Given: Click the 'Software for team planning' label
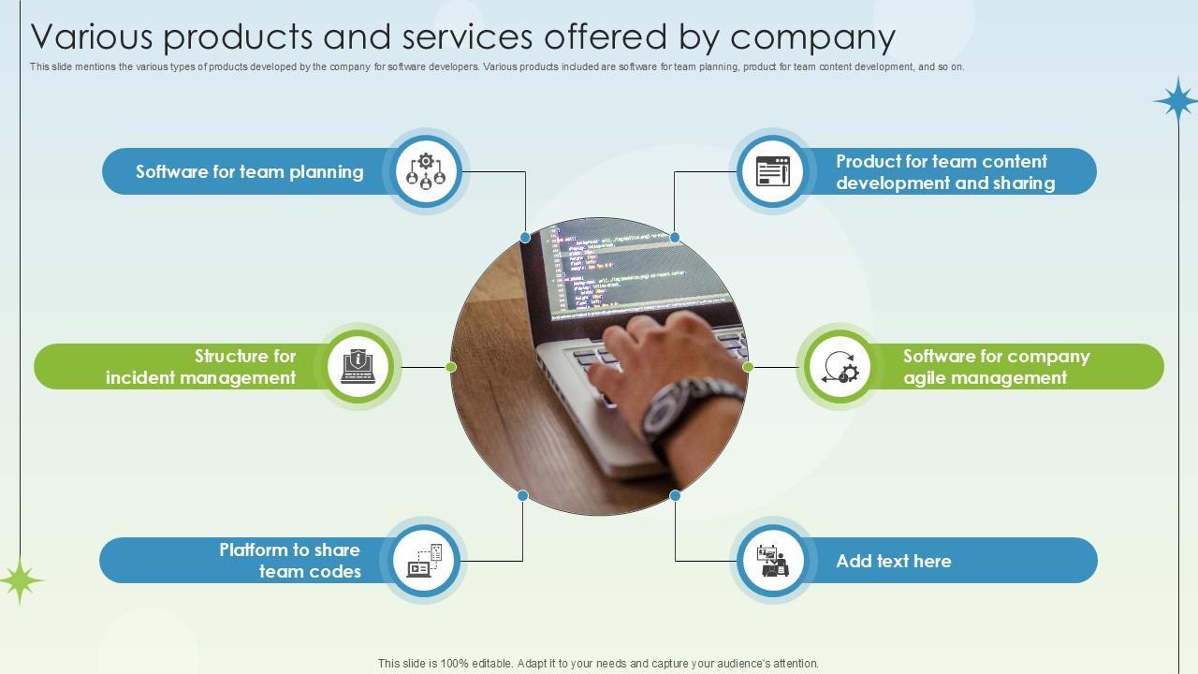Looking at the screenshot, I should (249, 172).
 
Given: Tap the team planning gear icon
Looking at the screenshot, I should (426, 171).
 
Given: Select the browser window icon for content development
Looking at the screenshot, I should (772, 171).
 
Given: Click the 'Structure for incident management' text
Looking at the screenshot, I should (200, 367).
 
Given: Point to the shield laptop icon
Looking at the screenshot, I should (358, 366).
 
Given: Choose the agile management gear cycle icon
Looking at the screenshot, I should (840, 367).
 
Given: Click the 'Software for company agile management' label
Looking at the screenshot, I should (996, 367).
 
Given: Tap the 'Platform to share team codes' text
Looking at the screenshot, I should (290, 561).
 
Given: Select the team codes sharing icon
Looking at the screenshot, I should (426, 561).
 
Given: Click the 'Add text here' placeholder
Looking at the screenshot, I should (893, 562).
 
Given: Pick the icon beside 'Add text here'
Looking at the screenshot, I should (772, 561).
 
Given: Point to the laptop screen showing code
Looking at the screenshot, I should (636, 267).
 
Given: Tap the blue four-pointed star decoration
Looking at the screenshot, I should (1176, 99).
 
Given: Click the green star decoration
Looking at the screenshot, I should (20, 580).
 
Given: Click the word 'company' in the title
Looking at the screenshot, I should (812, 37).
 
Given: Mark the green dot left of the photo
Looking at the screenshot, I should (451, 367).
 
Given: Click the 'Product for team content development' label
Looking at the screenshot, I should (944, 172).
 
